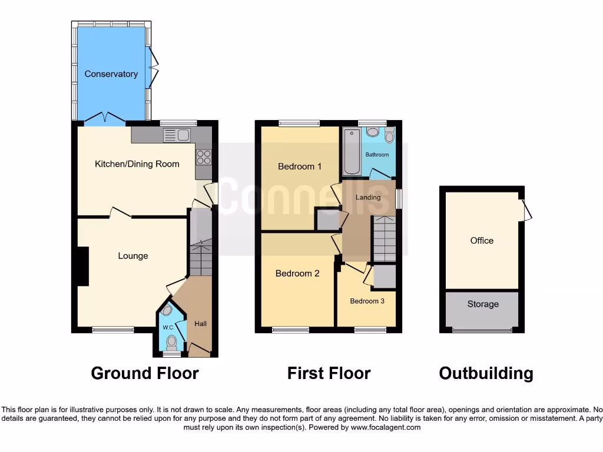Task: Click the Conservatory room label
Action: click(x=111, y=74)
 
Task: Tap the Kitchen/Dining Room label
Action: click(x=137, y=164)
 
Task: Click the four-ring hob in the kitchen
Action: click(x=203, y=157)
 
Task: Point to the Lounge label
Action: click(x=133, y=256)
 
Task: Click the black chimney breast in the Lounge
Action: click(x=82, y=267)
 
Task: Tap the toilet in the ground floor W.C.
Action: click(x=171, y=341)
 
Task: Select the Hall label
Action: click(x=200, y=324)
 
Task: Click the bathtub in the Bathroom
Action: click(x=352, y=152)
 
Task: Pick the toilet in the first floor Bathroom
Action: click(x=389, y=137)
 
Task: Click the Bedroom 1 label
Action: click(x=300, y=167)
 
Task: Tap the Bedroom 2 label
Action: click(x=297, y=274)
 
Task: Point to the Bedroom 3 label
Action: click(x=367, y=301)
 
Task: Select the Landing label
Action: click(x=368, y=197)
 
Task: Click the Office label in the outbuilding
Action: click(x=482, y=241)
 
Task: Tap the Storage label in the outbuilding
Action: click(x=483, y=304)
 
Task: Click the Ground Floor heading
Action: click(x=145, y=373)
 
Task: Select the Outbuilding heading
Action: click(x=486, y=373)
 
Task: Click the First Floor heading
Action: click(x=329, y=373)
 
